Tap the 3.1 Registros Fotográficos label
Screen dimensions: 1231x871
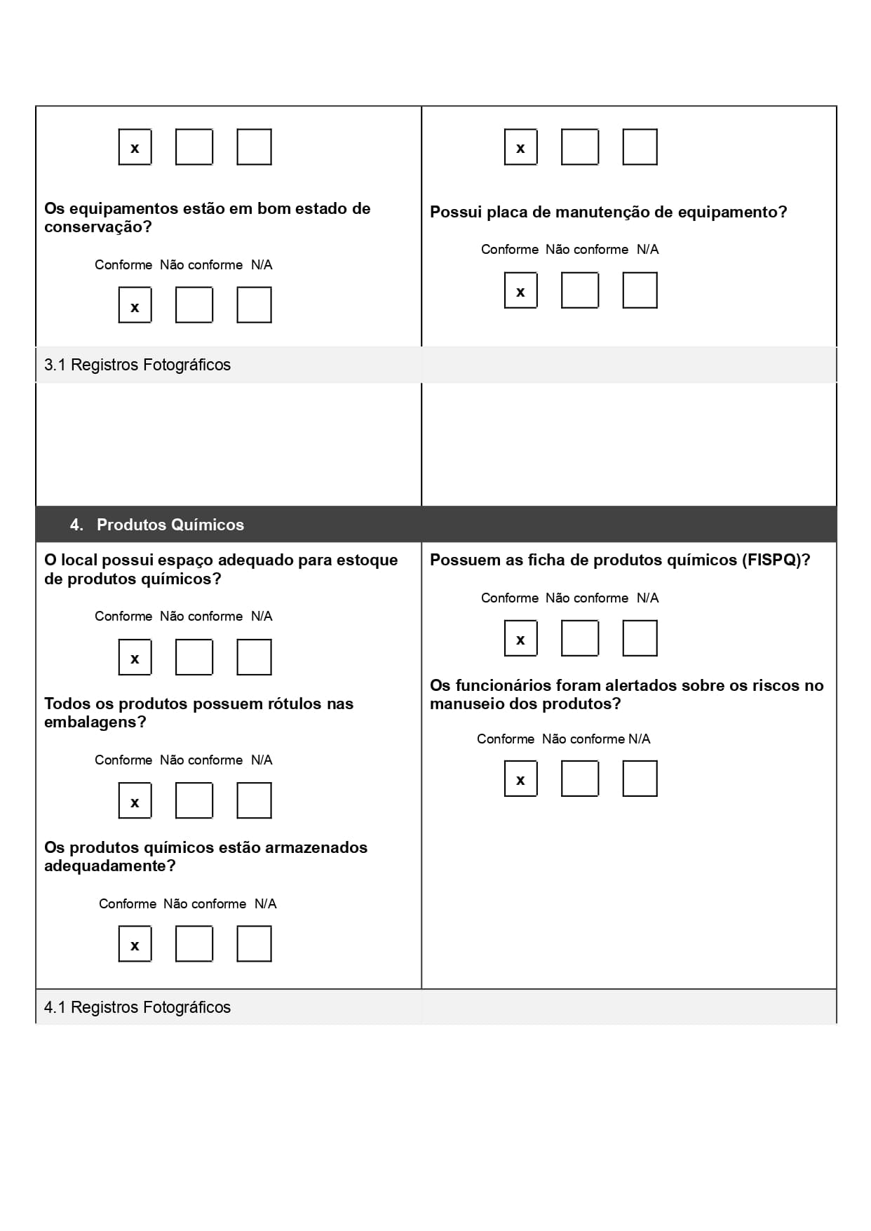pyautogui.click(x=137, y=365)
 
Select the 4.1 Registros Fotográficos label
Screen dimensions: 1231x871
pyautogui.click(x=137, y=1007)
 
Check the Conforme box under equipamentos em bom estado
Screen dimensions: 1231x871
pyautogui.click(x=135, y=305)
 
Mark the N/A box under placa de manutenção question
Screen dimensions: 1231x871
pyautogui.click(x=640, y=290)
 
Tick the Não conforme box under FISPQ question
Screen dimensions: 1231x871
pyautogui.click(x=579, y=638)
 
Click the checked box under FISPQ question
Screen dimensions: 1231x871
pyautogui.click(x=520, y=638)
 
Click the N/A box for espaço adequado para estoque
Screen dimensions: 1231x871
pyautogui.click(x=254, y=657)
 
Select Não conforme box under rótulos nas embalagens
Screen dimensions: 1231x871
pyautogui.click(x=194, y=801)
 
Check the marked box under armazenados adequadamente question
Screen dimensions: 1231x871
pyautogui.click(x=135, y=944)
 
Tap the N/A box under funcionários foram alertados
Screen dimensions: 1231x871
pyautogui.click(x=640, y=779)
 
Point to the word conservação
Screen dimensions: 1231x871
pyautogui.click(x=97, y=227)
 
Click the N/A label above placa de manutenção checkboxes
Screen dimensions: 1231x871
pyautogui.click(x=647, y=249)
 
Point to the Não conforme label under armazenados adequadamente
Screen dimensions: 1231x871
pyautogui.click(x=205, y=903)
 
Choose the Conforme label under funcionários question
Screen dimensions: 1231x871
pyautogui.click(x=505, y=739)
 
